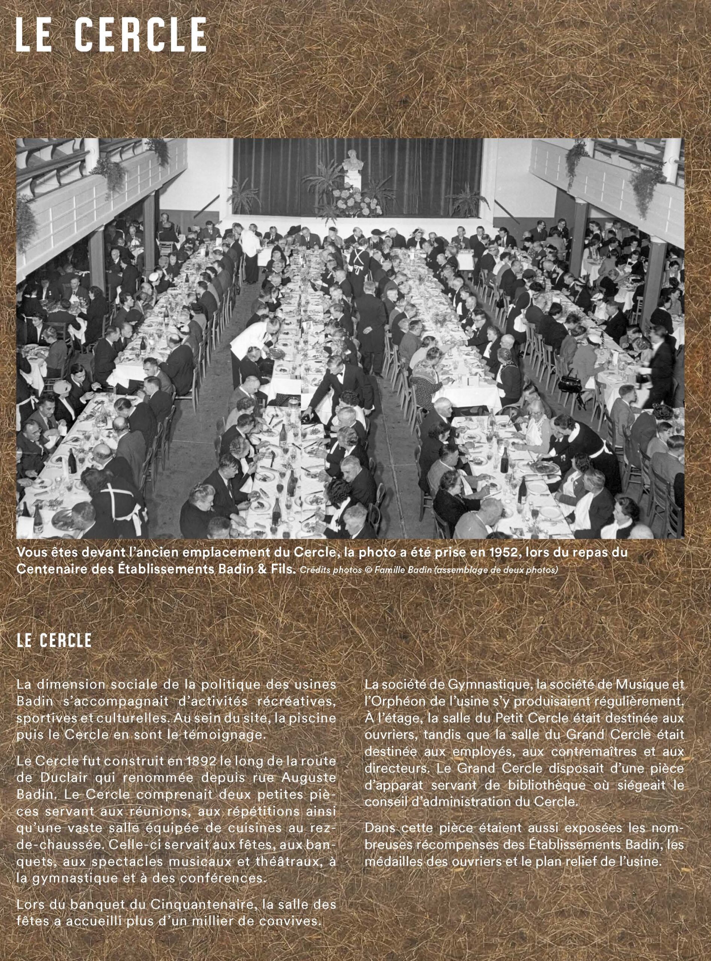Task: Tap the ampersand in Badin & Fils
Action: click(261, 569)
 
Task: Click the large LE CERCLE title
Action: click(111, 35)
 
